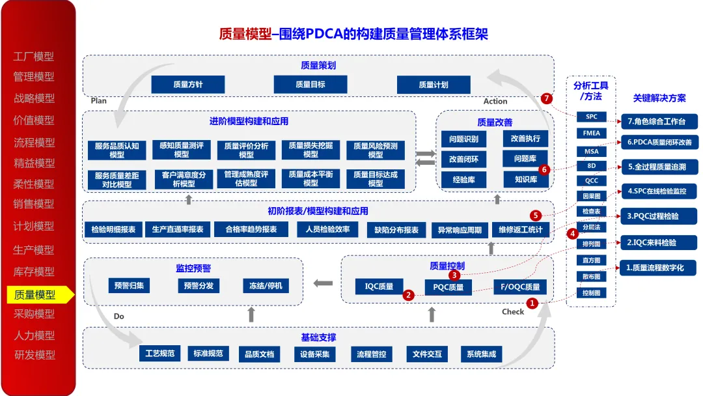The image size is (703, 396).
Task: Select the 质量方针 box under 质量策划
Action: pos(187,85)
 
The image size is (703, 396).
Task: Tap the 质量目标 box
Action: pos(310,85)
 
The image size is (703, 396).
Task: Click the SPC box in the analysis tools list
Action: pos(591,117)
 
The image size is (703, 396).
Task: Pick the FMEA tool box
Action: pos(591,133)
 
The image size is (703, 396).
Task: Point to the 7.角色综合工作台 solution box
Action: pos(659,122)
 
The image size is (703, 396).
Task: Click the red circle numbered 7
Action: pos(547,98)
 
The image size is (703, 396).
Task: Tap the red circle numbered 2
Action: pos(408,295)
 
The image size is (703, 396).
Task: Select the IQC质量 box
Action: pos(379,286)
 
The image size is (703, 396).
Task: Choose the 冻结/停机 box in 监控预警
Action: pos(265,285)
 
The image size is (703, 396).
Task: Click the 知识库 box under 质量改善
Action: pos(525,179)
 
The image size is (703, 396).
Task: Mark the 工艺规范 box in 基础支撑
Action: pos(159,354)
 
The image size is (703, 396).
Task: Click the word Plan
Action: pos(99,101)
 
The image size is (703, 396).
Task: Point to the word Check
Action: pos(513,312)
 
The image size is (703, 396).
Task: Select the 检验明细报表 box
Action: pos(113,230)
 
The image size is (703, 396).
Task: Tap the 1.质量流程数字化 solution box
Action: pos(659,268)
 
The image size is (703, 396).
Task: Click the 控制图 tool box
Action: pos(591,293)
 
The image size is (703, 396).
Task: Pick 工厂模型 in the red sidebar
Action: pos(34,57)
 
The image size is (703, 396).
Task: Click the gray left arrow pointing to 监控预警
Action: pos(322,283)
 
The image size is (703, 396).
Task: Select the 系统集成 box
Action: pos(481,354)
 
